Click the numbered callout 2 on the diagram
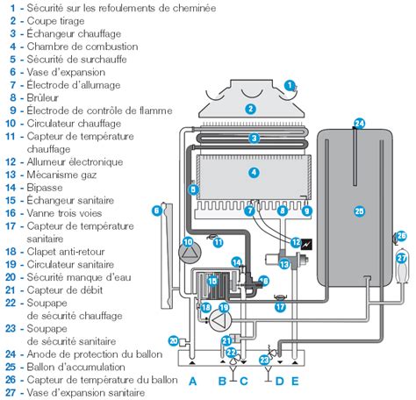click(x=250, y=109)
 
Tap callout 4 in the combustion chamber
click(x=254, y=172)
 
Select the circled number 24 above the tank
click(x=360, y=124)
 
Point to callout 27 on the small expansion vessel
click(x=402, y=258)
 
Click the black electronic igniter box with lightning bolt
click(x=306, y=244)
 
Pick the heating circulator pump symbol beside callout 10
click(x=190, y=253)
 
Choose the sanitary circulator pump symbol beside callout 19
click(x=220, y=319)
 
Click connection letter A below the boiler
click(x=192, y=382)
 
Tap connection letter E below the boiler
click(x=295, y=382)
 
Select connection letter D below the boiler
click(x=280, y=382)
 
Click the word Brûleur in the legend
click(x=43, y=97)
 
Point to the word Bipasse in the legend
click(x=45, y=188)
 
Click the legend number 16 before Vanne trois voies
click(x=11, y=213)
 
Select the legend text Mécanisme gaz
click(x=61, y=175)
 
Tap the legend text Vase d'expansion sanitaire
click(x=86, y=392)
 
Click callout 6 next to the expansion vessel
click(x=157, y=211)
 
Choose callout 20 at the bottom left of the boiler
click(x=174, y=340)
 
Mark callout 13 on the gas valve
click(x=284, y=265)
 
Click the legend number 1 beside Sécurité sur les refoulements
click(x=12, y=8)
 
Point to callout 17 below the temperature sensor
click(x=280, y=307)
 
